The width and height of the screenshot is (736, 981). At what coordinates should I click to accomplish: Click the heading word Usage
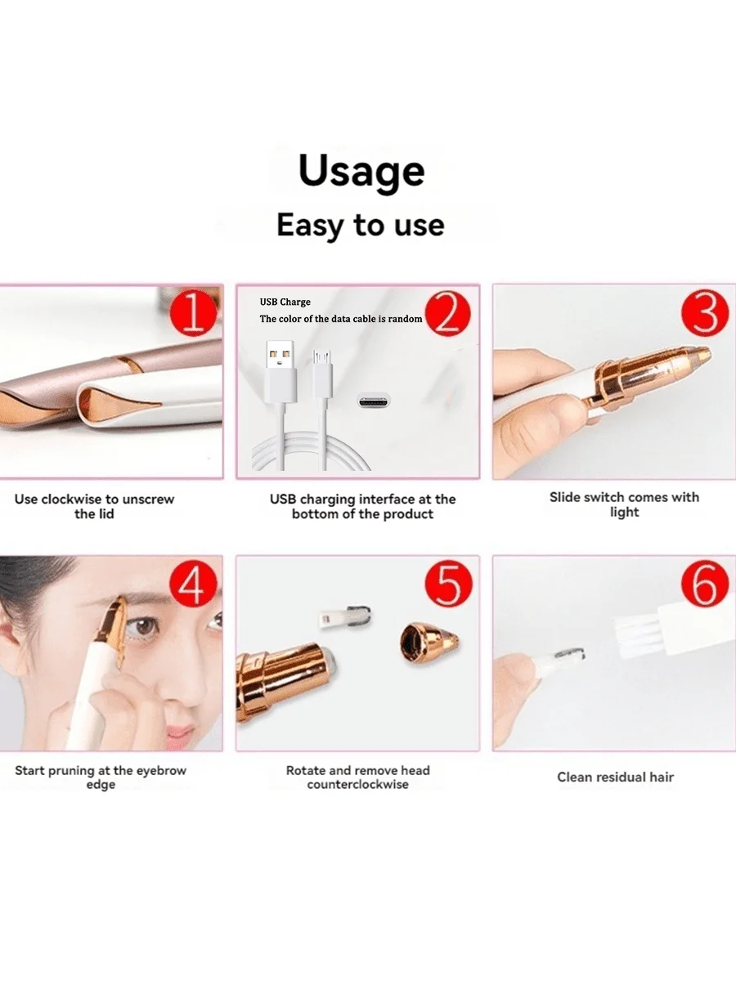pyautogui.click(x=361, y=172)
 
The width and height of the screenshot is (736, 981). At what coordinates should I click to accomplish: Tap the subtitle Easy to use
pyautogui.click(x=361, y=225)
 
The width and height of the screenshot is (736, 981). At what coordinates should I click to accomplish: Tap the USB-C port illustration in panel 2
pyautogui.click(x=374, y=401)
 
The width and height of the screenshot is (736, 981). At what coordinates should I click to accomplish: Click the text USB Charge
pyautogui.click(x=285, y=302)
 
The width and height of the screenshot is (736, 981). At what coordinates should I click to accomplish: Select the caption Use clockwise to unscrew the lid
pyautogui.click(x=95, y=506)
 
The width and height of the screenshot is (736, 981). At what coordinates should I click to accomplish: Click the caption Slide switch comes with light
pyautogui.click(x=624, y=504)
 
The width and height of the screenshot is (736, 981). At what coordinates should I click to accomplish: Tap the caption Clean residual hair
pyautogui.click(x=615, y=777)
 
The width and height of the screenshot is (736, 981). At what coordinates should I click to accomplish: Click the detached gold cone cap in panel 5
pyautogui.click(x=421, y=640)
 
